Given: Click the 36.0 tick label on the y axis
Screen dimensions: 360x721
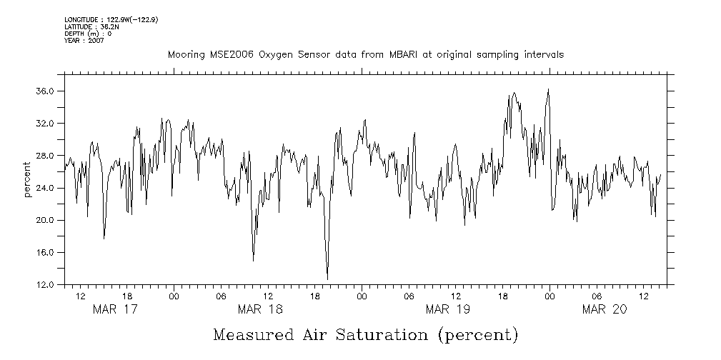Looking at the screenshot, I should (46, 91).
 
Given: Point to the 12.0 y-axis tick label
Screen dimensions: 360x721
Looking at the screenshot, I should (46, 285).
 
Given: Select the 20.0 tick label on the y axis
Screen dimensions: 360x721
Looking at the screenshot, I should (46, 221).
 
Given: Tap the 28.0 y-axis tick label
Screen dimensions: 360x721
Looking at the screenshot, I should (46, 156).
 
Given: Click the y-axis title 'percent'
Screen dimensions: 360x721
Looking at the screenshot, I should (27, 180).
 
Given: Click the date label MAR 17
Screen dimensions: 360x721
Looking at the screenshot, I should (115, 309).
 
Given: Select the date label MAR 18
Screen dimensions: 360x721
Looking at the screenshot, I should (260, 309).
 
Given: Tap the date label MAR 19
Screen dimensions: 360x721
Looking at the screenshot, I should (447, 309).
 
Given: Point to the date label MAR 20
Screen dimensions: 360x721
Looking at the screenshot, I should (604, 309).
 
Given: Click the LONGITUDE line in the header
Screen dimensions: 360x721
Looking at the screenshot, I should (111, 19).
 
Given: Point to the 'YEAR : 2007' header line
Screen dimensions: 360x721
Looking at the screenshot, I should (84, 41).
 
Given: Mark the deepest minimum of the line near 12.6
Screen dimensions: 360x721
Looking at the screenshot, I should (327, 279).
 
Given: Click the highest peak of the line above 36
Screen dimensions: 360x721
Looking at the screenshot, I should (548, 89).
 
